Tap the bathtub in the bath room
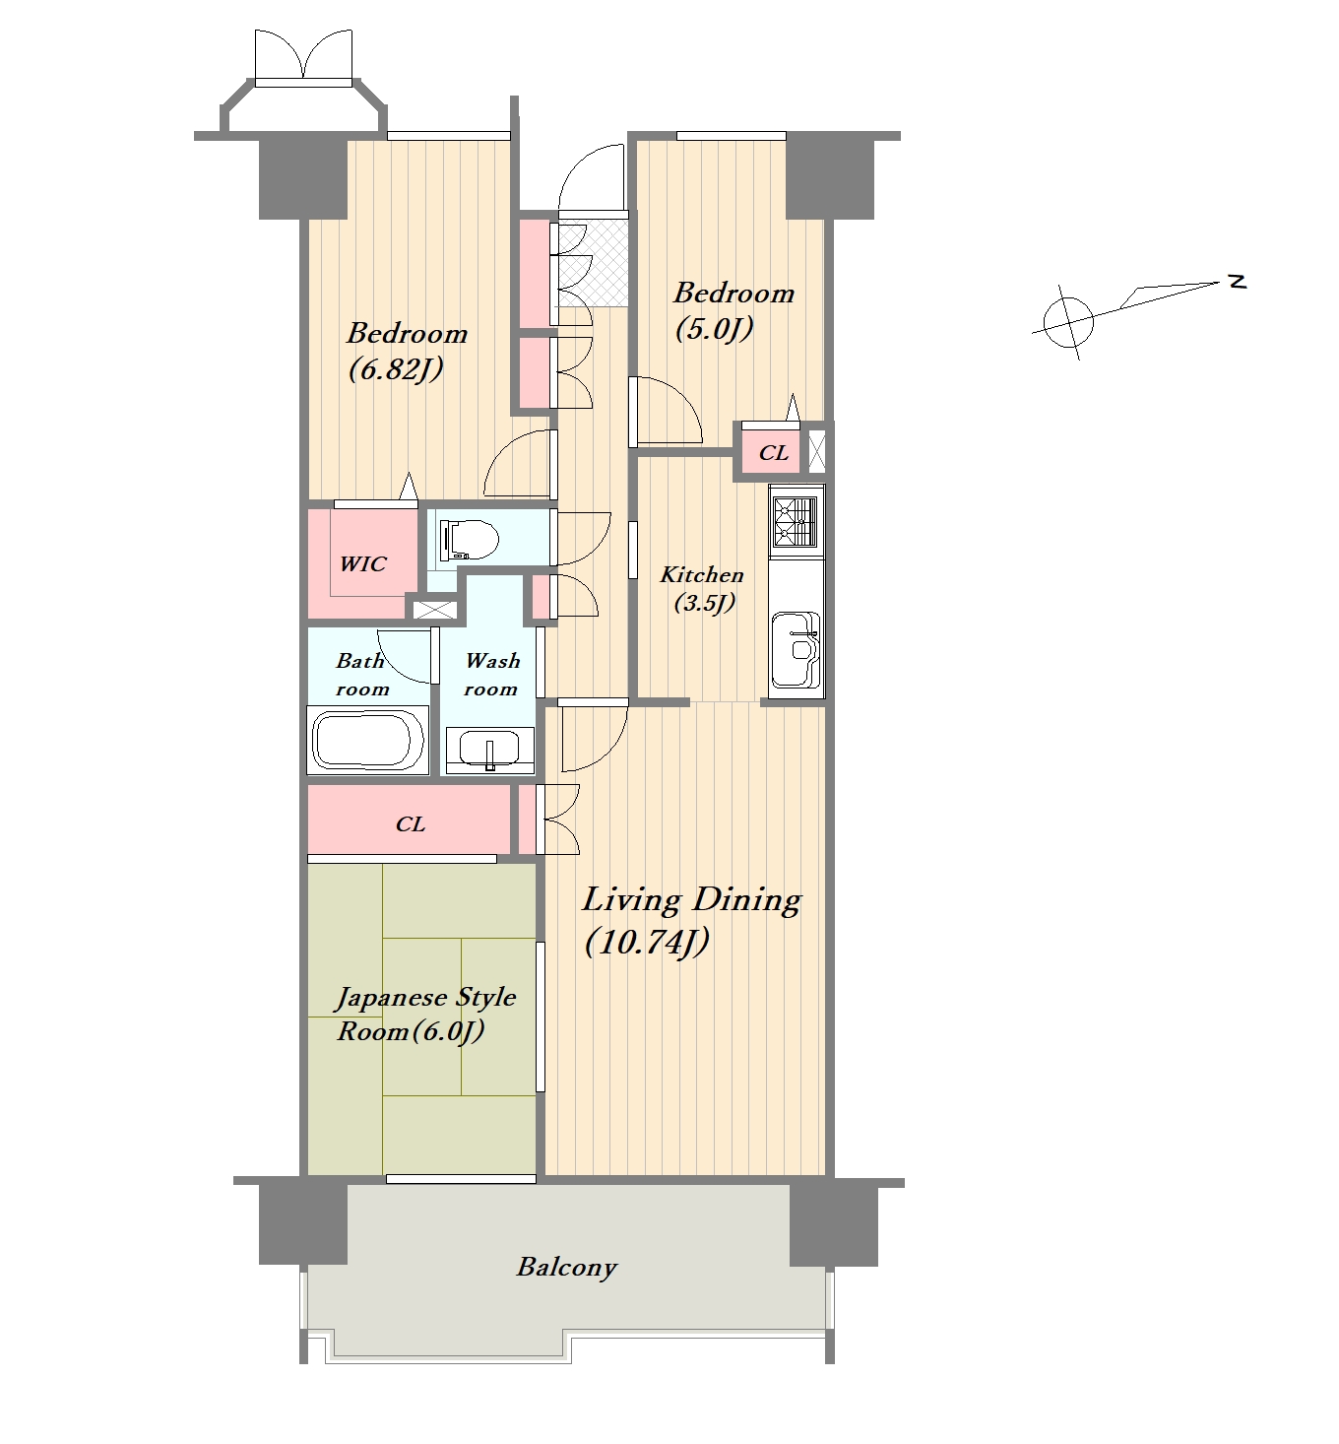pos(368,740)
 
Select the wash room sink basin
pos(490,750)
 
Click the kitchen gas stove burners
pos(796,521)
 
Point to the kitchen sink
pos(796,650)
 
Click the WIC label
pos(362,563)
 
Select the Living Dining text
pos(691,900)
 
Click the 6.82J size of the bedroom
pos(396,369)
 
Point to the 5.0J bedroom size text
pos(714,329)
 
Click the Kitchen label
pos(701,574)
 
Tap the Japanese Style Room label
pos(425,1015)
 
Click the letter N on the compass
pos(1238,282)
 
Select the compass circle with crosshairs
pos(1068,321)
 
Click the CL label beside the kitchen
pos(774,453)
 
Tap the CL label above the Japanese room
pos(410,823)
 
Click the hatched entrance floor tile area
pos(593,262)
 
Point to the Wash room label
pos(492,674)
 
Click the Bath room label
pos(362,674)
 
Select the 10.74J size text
pos(647,943)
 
